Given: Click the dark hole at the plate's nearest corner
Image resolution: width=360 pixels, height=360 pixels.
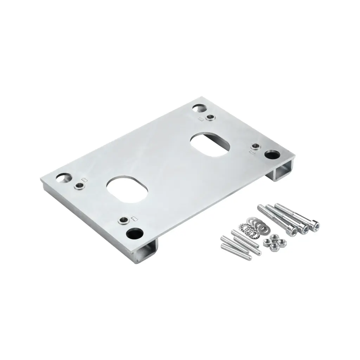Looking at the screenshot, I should click(135, 233).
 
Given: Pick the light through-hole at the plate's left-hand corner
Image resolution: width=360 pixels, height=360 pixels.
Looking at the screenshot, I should click(64, 178).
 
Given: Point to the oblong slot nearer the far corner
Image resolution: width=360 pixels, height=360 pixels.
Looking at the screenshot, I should click(210, 144).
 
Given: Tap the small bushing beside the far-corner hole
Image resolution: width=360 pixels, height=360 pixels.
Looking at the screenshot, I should click(210, 117).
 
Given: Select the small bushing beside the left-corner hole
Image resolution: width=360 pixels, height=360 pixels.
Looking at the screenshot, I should click(78, 186).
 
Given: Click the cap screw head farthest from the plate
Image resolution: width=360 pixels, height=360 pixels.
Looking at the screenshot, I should click(315, 225).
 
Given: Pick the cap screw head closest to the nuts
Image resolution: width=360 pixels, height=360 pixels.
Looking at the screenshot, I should click(292, 231).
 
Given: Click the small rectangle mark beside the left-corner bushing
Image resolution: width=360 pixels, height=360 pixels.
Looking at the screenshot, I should click(84, 180).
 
